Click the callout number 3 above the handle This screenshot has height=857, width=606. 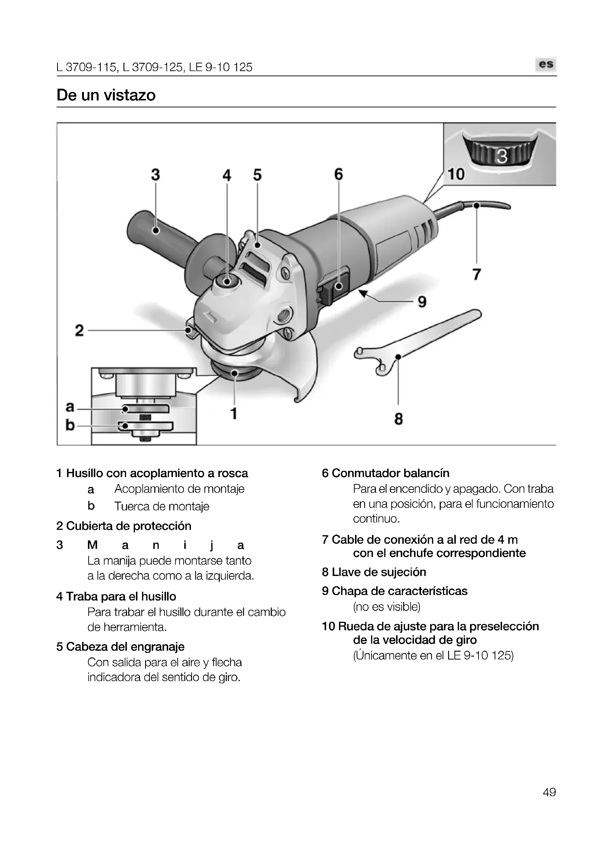pos(155,175)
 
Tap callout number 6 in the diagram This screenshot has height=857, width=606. pos(338,174)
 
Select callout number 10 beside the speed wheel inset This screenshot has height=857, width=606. pos(456,174)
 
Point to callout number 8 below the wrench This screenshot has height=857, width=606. pos(399,419)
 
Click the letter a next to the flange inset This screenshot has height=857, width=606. pos(70,406)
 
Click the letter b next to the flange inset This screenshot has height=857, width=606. pos(70,425)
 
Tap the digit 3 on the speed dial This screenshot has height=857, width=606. pos(502,157)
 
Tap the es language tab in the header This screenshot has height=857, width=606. pos(546,64)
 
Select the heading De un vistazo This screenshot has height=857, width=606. pos(106,95)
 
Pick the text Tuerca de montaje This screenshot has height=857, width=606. pos(162,506)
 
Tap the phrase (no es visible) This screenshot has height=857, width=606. pos(387,606)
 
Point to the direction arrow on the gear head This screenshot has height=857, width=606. pos(210,316)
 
